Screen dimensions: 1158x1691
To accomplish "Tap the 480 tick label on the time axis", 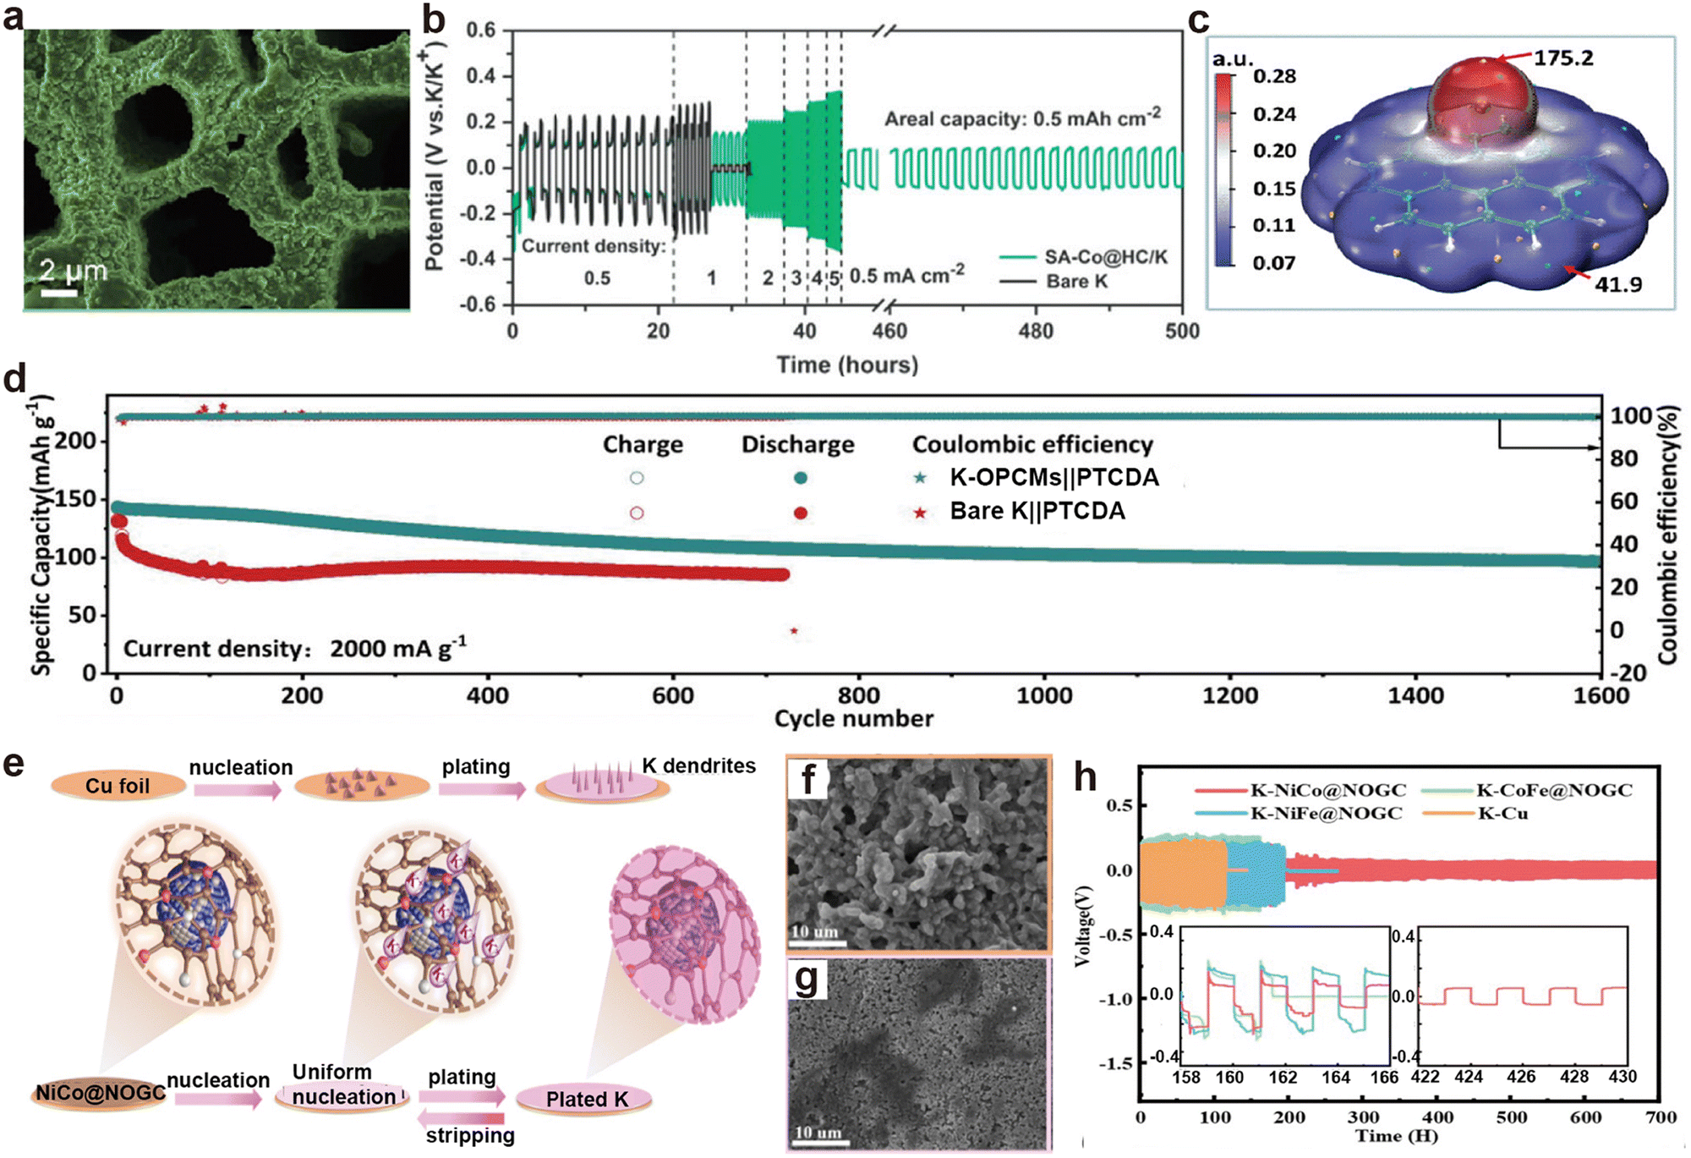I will (1036, 331).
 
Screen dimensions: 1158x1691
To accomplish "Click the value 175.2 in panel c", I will (1562, 58).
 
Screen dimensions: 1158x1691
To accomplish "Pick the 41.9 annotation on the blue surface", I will (1617, 284).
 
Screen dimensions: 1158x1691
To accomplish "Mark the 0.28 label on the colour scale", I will (1274, 76).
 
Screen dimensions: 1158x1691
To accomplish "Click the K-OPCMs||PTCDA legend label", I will (1053, 478).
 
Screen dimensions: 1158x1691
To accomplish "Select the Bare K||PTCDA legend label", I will (1037, 512).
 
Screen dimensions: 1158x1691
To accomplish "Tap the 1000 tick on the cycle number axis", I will (1044, 696).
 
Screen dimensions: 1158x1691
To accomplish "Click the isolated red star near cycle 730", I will (793, 631).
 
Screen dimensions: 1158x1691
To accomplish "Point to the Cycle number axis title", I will (853, 719).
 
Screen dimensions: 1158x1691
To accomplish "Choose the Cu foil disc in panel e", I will (118, 786).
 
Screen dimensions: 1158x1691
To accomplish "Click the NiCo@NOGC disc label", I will (100, 1094).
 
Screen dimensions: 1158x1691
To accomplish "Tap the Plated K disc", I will (586, 1100).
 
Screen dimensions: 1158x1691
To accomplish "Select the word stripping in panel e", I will (470, 1135).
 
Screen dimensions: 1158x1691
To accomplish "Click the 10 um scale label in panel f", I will (814, 931).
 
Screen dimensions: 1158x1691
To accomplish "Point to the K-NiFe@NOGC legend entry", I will (1326, 814).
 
